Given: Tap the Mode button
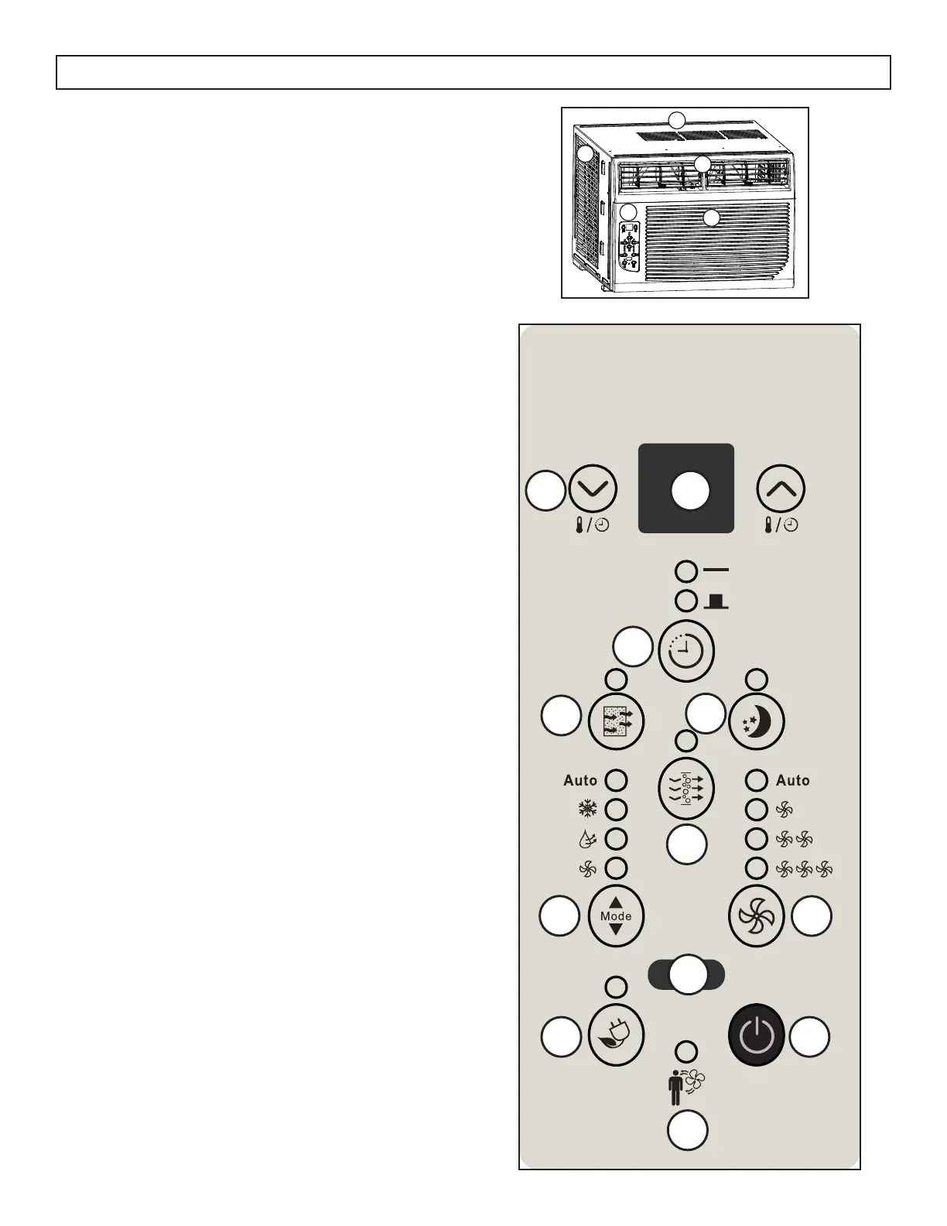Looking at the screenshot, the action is click(x=616, y=916).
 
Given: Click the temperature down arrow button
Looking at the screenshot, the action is click(x=593, y=489).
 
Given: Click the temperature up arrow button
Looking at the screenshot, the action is click(x=780, y=489).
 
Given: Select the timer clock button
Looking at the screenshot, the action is click(x=685, y=652).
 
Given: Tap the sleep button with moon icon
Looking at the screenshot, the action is click(x=757, y=721).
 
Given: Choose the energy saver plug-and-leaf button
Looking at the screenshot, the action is click(x=616, y=1037).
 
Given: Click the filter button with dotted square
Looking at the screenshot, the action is click(x=616, y=721).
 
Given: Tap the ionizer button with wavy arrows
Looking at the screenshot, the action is click(x=685, y=788).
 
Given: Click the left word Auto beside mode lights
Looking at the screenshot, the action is click(x=580, y=780).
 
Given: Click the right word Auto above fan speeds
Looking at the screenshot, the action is click(x=792, y=780).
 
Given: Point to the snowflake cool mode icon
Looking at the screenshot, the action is click(x=587, y=810).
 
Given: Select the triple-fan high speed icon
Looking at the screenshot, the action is click(x=804, y=869).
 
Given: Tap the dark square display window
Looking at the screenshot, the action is click(x=685, y=489).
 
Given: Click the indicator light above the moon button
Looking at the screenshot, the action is click(x=756, y=680).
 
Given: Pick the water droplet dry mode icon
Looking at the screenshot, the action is click(x=587, y=839).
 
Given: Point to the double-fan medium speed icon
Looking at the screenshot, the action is click(x=794, y=839).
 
